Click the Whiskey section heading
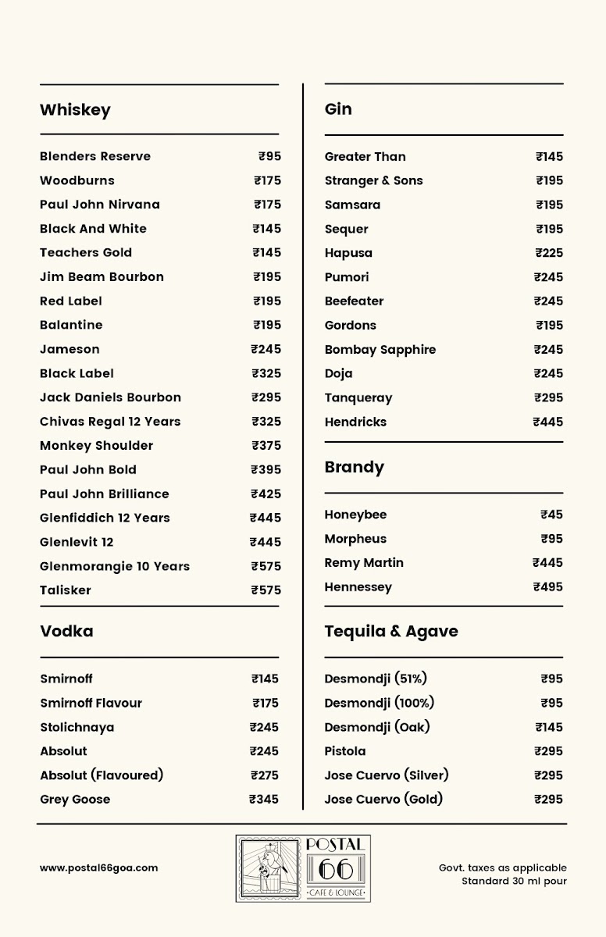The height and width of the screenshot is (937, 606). (75, 110)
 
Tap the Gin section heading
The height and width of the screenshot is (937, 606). (338, 109)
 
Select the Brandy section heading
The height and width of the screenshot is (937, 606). (355, 467)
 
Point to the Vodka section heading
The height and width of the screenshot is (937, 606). (66, 631)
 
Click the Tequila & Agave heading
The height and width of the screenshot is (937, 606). (391, 631)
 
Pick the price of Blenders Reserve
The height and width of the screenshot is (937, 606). (269, 156)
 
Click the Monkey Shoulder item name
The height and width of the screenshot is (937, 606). (96, 446)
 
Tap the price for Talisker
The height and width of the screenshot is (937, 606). (266, 590)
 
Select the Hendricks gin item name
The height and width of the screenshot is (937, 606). (355, 422)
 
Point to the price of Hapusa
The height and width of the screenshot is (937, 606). (549, 253)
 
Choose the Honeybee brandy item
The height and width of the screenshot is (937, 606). (355, 515)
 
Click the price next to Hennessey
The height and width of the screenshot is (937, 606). (547, 587)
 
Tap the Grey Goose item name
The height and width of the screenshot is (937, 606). (75, 800)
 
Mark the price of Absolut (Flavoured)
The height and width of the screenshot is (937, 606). (264, 775)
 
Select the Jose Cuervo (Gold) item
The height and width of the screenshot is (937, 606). (383, 799)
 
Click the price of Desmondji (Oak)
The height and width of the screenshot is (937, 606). (549, 727)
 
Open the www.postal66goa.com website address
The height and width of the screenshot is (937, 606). (99, 868)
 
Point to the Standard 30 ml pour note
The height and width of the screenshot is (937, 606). (514, 882)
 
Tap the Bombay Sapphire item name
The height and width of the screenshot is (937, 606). (380, 350)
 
